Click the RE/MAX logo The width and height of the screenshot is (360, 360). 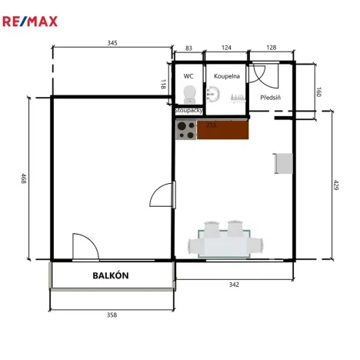30,20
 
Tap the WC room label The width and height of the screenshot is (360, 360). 188,76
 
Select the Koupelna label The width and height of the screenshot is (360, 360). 227,76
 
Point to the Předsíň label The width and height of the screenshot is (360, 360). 271,98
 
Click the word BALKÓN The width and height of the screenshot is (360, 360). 111,275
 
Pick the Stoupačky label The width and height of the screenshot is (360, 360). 188,111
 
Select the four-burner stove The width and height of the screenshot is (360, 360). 185,130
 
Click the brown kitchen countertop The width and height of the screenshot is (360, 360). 223,130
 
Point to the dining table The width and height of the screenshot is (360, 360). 226,243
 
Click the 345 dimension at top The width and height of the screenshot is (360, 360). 112,43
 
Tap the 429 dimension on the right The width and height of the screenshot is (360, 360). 336,185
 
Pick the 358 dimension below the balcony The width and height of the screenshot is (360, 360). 112,315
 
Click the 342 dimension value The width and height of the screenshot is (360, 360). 234,285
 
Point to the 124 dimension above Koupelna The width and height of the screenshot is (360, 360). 225,48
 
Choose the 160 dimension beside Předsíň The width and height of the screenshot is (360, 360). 318,92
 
